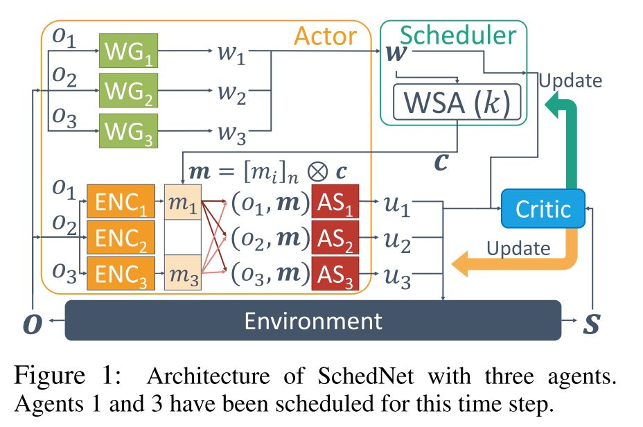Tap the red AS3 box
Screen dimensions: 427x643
click(335, 274)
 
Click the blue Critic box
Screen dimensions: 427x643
click(543, 208)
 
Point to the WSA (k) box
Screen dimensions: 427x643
click(456, 103)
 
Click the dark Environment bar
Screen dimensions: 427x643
click(312, 320)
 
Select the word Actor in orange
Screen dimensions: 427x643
click(326, 37)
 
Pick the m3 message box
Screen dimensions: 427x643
click(182, 274)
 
